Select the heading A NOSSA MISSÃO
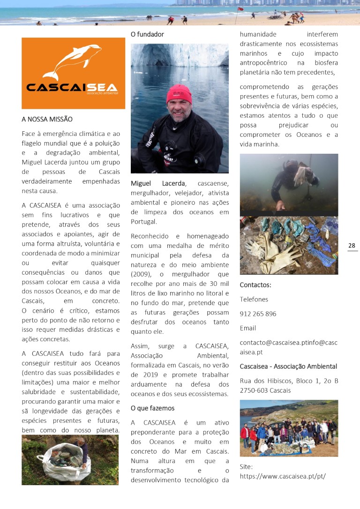tap(47, 120)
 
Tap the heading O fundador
tap(147, 34)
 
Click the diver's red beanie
tap(179, 94)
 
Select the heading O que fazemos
tap(152, 408)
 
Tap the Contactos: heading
tap(255, 285)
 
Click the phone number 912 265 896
tap(258, 314)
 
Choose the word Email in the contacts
tap(248, 328)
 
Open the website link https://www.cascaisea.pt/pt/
tap(283, 476)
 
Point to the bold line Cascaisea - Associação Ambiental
tap(288, 367)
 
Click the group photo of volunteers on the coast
tap(289, 428)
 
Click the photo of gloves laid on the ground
tap(289, 246)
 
